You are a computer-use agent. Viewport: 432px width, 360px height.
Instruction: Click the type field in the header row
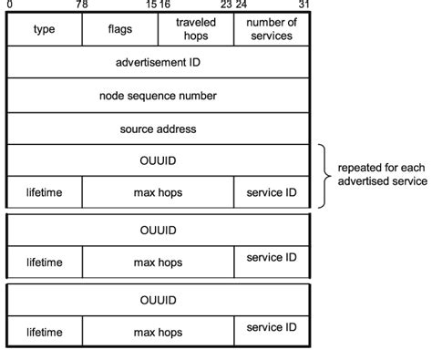tap(44, 30)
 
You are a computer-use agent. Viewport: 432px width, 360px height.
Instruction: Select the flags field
tap(119, 30)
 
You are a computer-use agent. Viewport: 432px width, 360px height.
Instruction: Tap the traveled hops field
tap(195, 30)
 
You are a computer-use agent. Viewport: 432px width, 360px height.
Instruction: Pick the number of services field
tap(271, 30)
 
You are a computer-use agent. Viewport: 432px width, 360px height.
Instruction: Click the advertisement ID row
tap(158, 63)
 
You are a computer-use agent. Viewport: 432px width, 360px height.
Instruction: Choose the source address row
tap(158, 129)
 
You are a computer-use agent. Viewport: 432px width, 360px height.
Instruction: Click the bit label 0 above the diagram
tap(8, 5)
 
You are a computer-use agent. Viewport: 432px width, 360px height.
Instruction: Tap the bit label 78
tap(82, 5)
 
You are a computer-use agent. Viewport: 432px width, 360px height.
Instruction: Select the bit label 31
tap(304, 5)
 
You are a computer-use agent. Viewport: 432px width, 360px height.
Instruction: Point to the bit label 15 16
tap(158, 5)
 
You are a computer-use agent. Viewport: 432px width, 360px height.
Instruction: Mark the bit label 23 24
tap(233, 5)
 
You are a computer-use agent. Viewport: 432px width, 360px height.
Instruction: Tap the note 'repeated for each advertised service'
tap(382, 175)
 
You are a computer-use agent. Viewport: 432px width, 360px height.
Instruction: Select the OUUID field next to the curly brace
tap(158, 160)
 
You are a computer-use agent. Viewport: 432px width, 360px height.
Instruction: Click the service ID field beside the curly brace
tap(271, 192)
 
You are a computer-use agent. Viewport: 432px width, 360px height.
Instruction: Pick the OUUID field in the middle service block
tap(158, 231)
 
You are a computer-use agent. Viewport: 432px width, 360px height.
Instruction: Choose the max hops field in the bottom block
tap(158, 333)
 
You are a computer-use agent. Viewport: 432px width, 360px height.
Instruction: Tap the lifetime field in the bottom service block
tap(44, 333)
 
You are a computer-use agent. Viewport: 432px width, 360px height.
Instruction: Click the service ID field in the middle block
tap(271, 259)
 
